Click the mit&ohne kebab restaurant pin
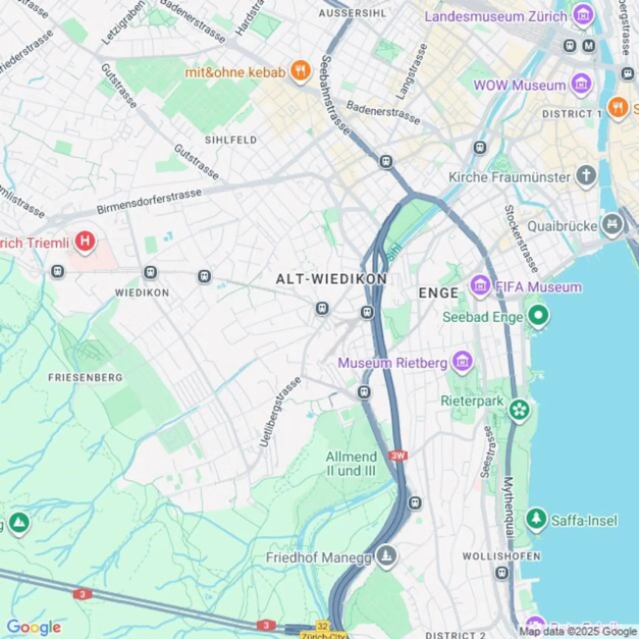300,70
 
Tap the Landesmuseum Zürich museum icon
583,15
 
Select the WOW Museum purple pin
581,83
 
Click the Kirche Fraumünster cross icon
586,175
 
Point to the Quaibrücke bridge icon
612,225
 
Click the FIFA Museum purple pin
480,285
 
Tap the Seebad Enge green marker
538,316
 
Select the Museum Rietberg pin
462,361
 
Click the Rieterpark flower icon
519,409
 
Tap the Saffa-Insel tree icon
536,519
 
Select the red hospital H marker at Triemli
85,241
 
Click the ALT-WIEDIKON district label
331,279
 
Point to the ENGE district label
438,293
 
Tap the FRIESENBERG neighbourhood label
85,378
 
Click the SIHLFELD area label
231,140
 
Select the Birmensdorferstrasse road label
150,201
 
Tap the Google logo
34,627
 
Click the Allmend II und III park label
351,464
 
